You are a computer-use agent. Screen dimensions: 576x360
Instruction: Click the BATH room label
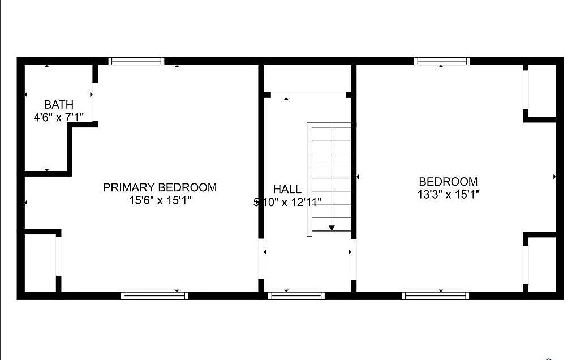click(59, 104)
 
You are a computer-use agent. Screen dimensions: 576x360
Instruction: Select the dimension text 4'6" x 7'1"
click(59, 117)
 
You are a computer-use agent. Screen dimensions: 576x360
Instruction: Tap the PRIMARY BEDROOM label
click(160, 187)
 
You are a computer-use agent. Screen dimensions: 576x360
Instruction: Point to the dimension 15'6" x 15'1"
click(160, 200)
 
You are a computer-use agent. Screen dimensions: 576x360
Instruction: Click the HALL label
click(287, 189)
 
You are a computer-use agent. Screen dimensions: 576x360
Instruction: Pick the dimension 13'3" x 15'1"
click(449, 194)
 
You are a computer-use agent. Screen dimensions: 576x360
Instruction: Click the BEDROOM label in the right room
click(449, 182)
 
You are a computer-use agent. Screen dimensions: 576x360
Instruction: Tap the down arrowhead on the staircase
click(332, 228)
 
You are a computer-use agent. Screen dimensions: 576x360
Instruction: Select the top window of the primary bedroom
click(136, 61)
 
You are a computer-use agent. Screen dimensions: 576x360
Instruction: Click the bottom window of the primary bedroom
click(154, 295)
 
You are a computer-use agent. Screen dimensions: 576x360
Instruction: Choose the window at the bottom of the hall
click(296, 295)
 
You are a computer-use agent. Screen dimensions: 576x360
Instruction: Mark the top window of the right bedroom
click(442, 61)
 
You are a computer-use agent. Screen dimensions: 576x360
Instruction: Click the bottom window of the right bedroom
click(435, 295)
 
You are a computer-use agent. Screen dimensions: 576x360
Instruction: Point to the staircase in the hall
click(329, 179)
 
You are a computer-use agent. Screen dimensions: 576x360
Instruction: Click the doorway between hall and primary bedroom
click(261, 259)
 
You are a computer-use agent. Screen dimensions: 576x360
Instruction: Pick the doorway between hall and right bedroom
click(354, 259)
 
